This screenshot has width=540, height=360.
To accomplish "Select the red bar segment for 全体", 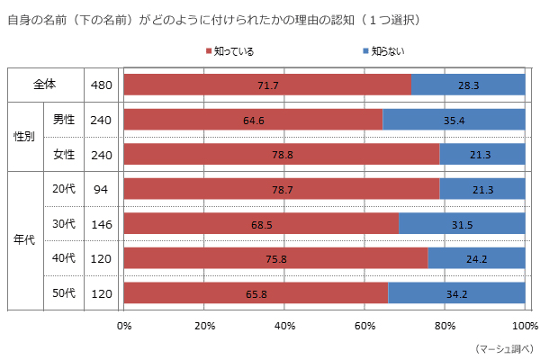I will pyautogui.click(x=267, y=85).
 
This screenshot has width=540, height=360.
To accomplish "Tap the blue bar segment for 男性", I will pyautogui.click(x=454, y=120).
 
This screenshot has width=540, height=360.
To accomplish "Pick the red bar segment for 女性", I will pyautogui.click(x=282, y=155).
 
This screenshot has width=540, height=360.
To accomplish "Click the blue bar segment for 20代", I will pyautogui.click(x=481, y=189).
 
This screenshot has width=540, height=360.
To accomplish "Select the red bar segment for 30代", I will pyautogui.click(x=261, y=224).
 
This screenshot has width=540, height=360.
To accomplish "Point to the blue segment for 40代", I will pyautogui.click(x=476, y=258).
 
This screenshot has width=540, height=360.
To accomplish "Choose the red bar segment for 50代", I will pyautogui.click(x=256, y=293).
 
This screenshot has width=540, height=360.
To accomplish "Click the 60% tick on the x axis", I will pyautogui.click(x=364, y=325).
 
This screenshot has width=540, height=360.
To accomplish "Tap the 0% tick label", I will pyautogui.click(x=124, y=325).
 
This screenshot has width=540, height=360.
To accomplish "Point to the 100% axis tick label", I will pyautogui.click(x=524, y=325).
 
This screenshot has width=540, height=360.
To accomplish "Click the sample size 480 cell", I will pyautogui.click(x=102, y=85).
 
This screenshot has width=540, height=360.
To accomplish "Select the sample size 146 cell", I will pyautogui.click(x=102, y=224).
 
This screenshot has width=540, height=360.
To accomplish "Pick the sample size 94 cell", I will pyautogui.click(x=102, y=189).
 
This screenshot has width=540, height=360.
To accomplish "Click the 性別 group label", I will pyautogui.click(x=24, y=137).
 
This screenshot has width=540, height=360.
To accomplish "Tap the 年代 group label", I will pyautogui.click(x=24, y=241).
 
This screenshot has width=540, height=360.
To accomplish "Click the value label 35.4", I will pyautogui.click(x=454, y=120).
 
